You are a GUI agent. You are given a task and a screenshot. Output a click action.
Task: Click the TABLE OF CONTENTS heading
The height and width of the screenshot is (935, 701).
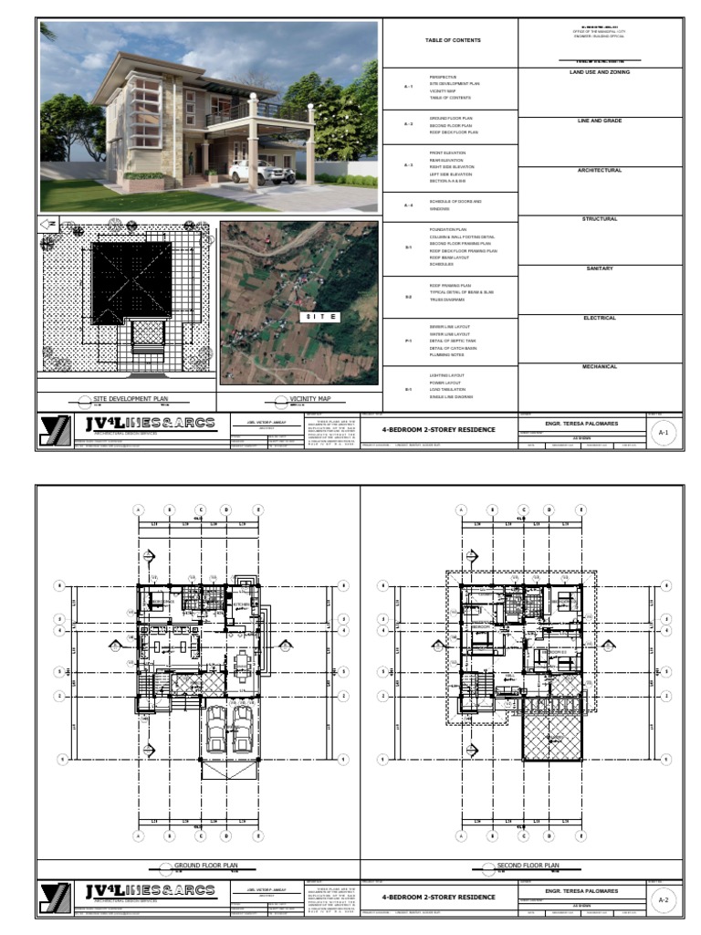[x=452, y=40]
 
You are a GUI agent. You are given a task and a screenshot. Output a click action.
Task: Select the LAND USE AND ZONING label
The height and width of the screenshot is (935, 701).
[x=600, y=71]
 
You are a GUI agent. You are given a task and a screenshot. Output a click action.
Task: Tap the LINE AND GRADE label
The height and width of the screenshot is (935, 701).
[x=600, y=121]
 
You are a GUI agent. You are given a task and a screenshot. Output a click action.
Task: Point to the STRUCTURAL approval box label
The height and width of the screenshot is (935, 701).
[x=600, y=219]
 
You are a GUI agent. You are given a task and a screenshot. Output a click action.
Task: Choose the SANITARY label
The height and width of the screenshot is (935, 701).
[x=600, y=268]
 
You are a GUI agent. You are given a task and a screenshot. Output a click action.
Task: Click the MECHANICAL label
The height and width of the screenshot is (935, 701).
[x=600, y=366]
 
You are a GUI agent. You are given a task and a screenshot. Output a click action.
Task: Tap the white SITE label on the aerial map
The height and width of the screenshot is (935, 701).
[x=321, y=317]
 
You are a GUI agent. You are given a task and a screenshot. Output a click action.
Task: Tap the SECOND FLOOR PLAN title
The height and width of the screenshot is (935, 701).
[x=527, y=865]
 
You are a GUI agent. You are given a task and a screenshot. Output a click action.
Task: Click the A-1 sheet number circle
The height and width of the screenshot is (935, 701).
[x=664, y=435]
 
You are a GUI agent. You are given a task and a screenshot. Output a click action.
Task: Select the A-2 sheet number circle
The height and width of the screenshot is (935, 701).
[x=664, y=899]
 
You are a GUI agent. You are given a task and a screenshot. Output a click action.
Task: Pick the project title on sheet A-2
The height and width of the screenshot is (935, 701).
[x=438, y=897]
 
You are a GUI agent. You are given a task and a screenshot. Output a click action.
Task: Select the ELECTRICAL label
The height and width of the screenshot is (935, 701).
[x=600, y=318]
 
